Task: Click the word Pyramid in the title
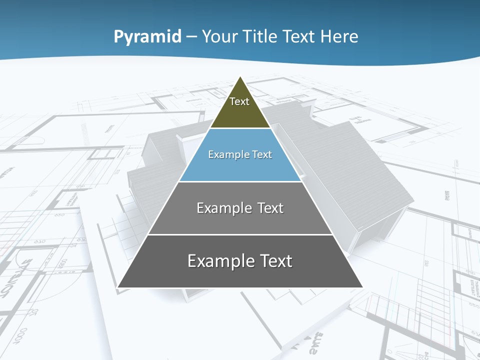(x=147, y=37)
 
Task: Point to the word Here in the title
(x=339, y=36)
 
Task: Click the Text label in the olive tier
(x=239, y=101)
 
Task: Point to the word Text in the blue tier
(x=262, y=154)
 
